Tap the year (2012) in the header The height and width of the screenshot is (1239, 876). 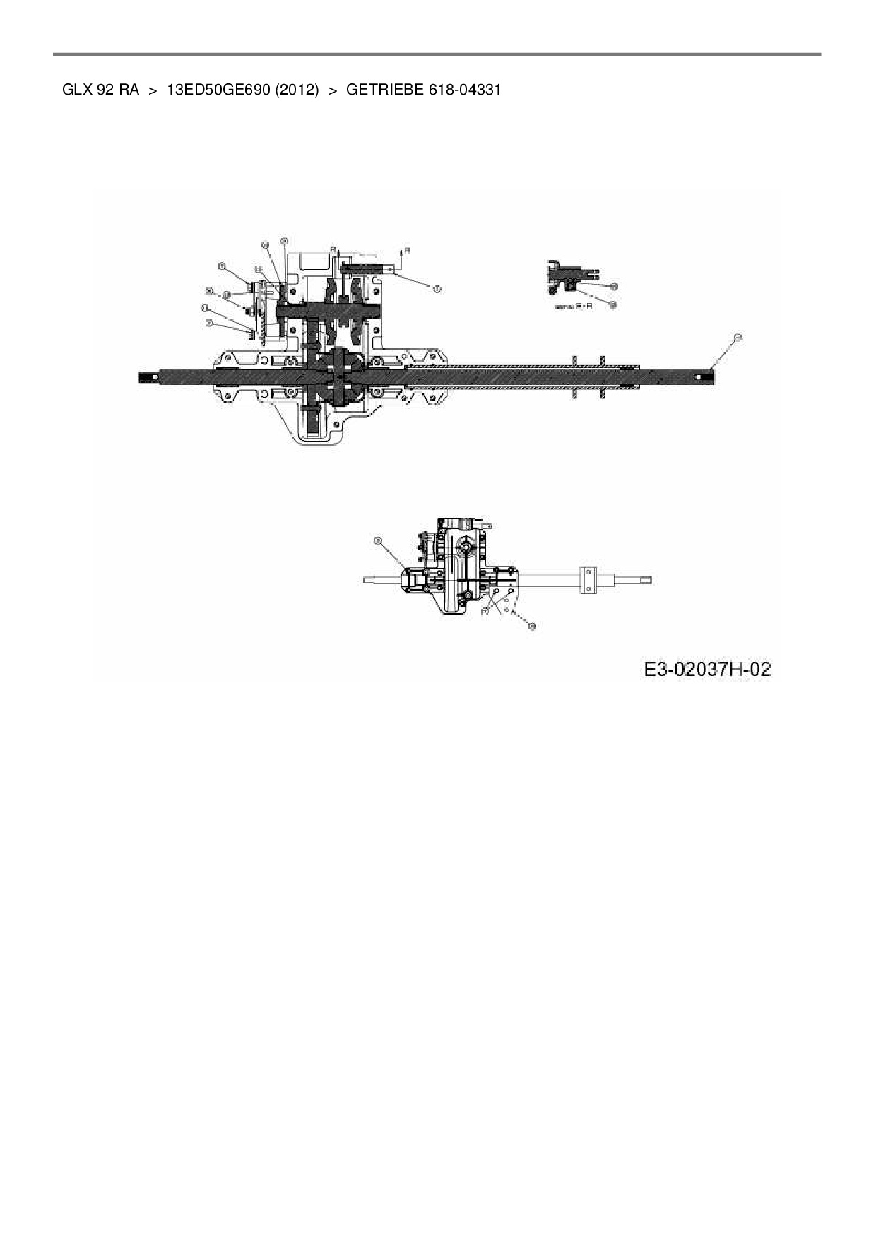coord(297,90)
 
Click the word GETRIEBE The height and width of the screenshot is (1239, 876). coord(384,90)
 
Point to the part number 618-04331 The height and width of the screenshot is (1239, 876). coord(465,90)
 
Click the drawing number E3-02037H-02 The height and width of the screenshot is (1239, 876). coord(707,669)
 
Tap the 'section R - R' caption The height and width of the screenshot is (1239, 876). coord(573,307)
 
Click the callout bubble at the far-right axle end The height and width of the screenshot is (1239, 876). coord(738,338)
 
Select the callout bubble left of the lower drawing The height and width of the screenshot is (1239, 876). coord(377,540)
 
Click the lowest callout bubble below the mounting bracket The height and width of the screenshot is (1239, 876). coord(532,626)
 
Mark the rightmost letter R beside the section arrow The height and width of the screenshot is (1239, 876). coord(407,249)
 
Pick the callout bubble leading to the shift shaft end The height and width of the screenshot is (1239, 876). coord(437,288)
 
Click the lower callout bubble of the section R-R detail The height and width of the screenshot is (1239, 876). coord(612,304)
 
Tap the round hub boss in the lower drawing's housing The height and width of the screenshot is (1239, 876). coord(466,546)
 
